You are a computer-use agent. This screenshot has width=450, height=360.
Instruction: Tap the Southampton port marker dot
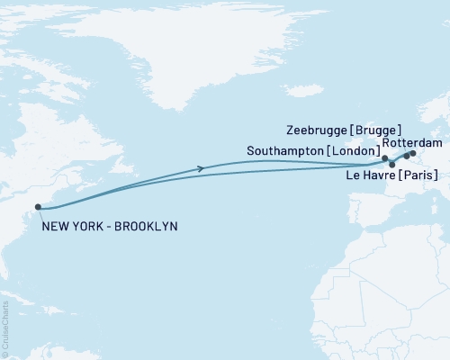[x=384, y=158]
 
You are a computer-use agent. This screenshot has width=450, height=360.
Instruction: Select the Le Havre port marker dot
[x=391, y=166]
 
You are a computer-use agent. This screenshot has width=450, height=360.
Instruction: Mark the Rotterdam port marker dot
[x=413, y=153]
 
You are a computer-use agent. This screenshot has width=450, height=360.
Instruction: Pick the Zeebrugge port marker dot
[x=406, y=157]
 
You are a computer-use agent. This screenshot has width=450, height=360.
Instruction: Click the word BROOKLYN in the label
[x=145, y=225]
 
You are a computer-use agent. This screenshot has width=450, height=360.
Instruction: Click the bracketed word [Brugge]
[x=378, y=130]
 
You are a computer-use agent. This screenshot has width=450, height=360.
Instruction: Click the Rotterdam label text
[x=411, y=142]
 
